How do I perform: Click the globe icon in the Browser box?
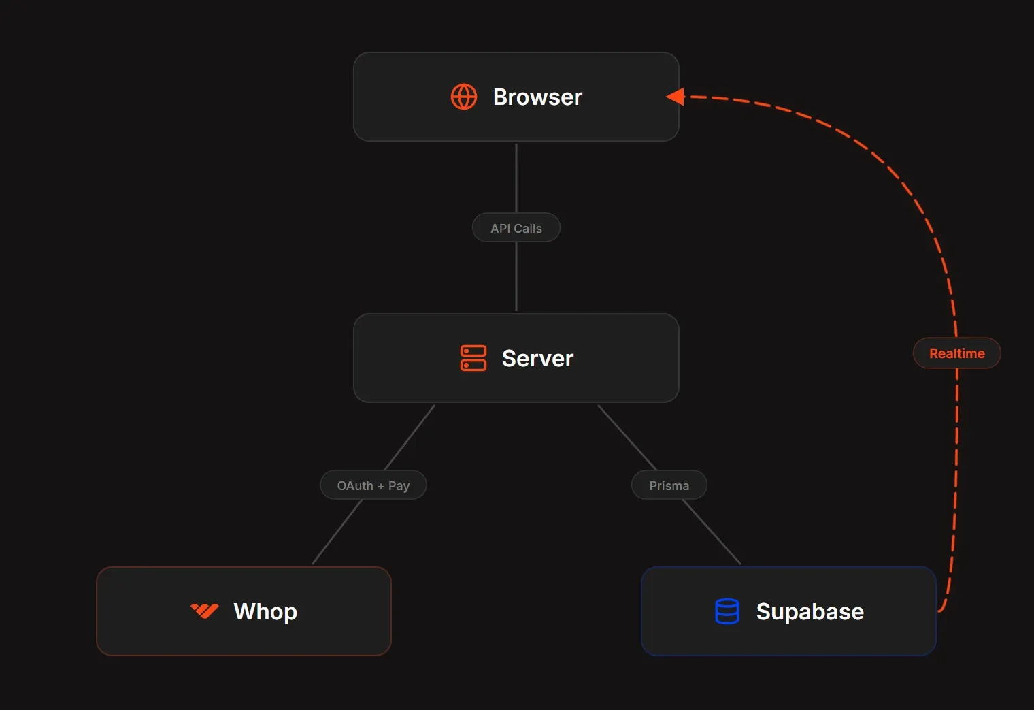tap(464, 97)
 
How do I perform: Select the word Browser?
tap(537, 97)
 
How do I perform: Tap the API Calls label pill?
tap(516, 228)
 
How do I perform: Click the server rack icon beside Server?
tap(473, 358)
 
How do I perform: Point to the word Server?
tap(537, 359)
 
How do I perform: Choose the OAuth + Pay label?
tap(373, 485)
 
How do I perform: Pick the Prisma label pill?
tap(669, 485)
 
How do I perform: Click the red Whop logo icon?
tap(204, 611)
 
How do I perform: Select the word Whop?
tap(265, 611)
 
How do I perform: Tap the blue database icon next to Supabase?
tap(727, 611)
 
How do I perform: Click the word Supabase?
tap(810, 611)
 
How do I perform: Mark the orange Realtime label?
tap(956, 353)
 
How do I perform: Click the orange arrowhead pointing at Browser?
tap(676, 97)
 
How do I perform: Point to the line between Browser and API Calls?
tap(516, 178)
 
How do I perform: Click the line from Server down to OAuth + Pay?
tap(410, 437)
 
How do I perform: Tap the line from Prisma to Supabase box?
tap(711, 532)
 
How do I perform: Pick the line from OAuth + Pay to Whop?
tap(337, 532)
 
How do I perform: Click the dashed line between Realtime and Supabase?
tap(956, 477)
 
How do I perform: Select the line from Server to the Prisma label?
tap(627, 437)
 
